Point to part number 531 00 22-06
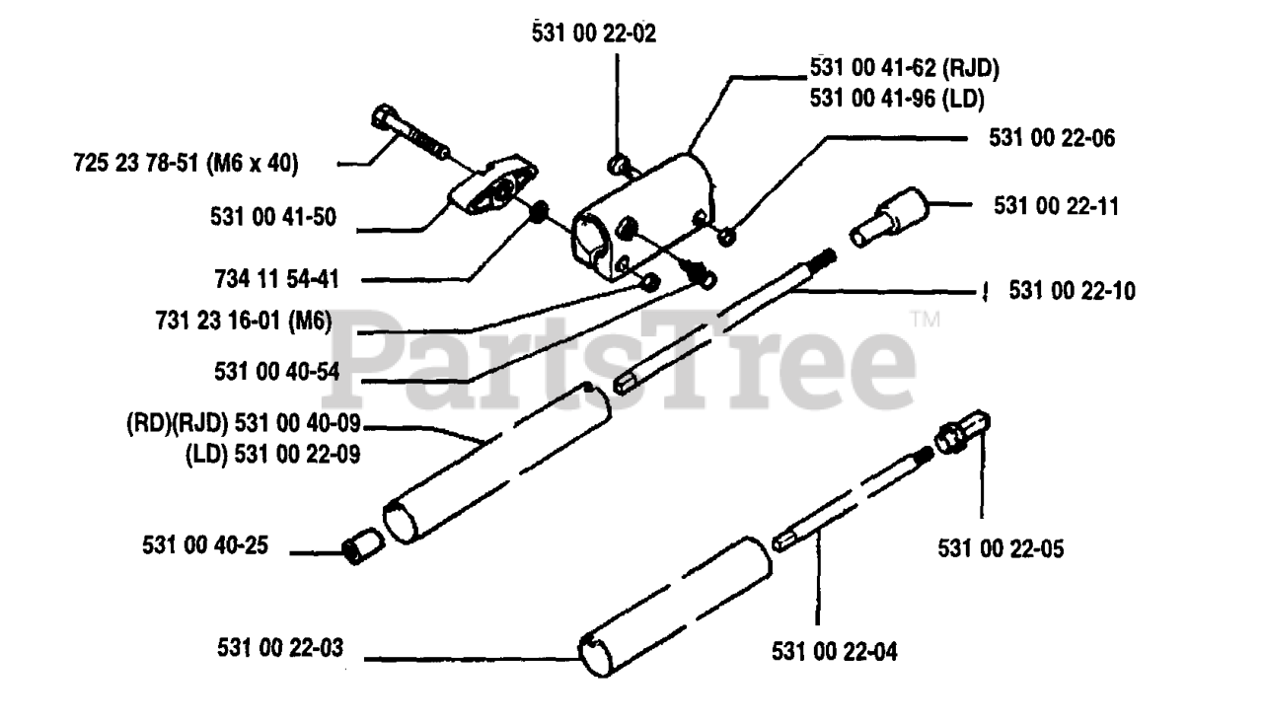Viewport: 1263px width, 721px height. (1052, 140)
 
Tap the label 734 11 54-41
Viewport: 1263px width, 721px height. (274, 279)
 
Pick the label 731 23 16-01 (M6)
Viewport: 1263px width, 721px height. (243, 323)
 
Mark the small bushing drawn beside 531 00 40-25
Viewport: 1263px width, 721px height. (362, 545)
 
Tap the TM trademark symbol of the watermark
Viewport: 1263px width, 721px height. (924, 321)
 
